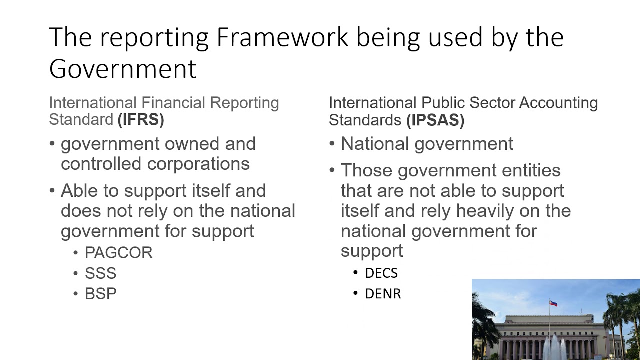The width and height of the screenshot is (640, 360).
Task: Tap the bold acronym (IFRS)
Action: point(141,120)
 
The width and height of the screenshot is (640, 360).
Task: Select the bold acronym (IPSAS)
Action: point(435,120)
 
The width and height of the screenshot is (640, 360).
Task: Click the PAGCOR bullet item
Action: point(118,253)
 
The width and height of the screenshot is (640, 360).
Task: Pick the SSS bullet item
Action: point(100,273)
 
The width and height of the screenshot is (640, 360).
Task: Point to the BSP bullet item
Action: point(100,293)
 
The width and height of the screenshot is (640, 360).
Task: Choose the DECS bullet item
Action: point(381,273)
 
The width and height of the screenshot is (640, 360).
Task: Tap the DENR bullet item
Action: point(383,293)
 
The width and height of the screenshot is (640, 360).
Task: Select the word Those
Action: point(366,171)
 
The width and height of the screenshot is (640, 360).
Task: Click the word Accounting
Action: point(558,103)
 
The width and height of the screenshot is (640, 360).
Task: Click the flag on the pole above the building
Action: point(553,303)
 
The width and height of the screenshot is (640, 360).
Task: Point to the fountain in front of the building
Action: point(554,347)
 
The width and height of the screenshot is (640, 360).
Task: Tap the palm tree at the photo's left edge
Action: point(481,325)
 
